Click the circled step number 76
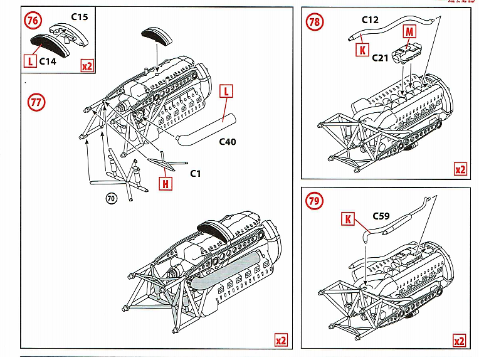coord(34,21)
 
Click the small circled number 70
coord(111,199)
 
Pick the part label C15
coord(79,17)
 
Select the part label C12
coord(370,19)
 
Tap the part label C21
coord(380,58)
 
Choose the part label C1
coord(195,173)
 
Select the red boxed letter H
coord(165,184)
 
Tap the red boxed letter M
coord(409,32)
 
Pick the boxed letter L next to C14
coord(30,61)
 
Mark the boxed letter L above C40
coord(226,92)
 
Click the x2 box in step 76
coord(87,65)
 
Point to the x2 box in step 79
coord(460,341)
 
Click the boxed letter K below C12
coord(362,50)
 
